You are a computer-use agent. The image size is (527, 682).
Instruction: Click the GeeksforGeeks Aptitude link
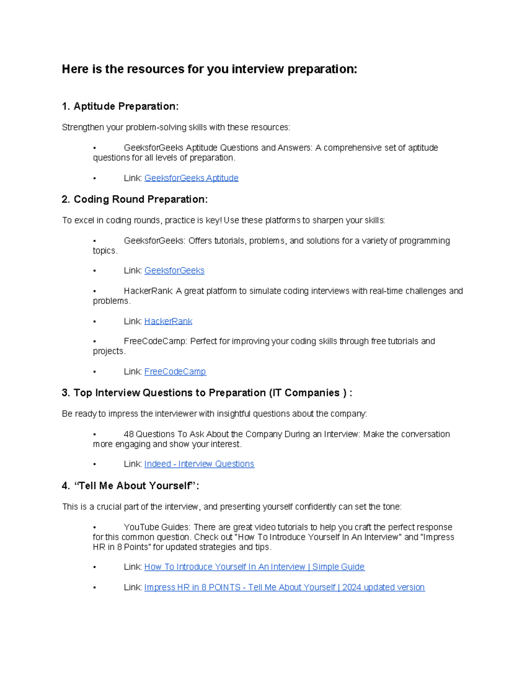pos(191,178)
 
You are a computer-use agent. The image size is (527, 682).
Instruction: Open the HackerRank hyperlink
pos(168,321)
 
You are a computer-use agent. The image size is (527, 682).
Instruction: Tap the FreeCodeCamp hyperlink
pos(175,372)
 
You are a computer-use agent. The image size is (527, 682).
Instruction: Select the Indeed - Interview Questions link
pos(199,464)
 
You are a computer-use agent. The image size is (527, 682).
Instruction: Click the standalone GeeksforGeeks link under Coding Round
pos(174,271)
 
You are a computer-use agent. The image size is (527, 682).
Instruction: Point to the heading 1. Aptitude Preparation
pos(120,106)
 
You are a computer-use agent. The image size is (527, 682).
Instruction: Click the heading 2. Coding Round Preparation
pos(134,199)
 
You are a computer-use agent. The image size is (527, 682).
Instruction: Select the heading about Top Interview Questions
pos(206,393)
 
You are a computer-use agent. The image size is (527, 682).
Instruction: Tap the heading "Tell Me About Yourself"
pos(130,486)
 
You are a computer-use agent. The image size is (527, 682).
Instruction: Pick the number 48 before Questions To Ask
pos(128,434)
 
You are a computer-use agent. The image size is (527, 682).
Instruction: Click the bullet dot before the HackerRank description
pos(94,291)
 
